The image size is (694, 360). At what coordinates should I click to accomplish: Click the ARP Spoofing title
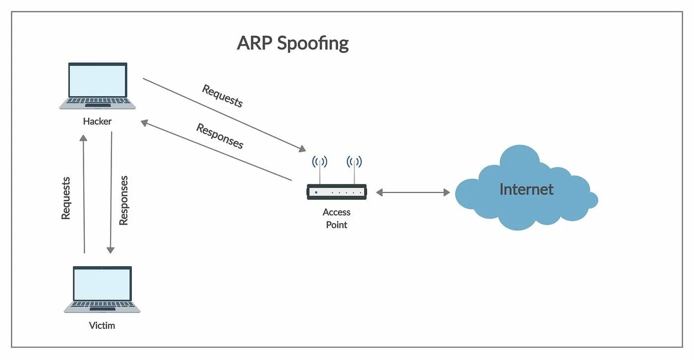click(x=292, y=43)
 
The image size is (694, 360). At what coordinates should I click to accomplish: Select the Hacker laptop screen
click(x=98, y=81)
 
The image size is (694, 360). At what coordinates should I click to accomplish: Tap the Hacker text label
click(x=97, y=121)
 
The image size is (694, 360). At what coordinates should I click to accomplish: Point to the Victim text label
click(x=102, y=326)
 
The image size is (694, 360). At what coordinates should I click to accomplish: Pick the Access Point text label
click(x=337, y=218)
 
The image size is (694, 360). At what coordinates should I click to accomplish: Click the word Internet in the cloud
click(x=526, y=189)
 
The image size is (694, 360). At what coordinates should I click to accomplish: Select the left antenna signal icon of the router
click(x=319, y=162)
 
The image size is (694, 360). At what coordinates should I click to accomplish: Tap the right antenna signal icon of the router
click(x=354, y=162)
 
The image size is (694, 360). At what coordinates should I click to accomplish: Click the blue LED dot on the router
click(x=316, y=192)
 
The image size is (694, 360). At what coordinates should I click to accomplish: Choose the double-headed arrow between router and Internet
click(x=412, y=192)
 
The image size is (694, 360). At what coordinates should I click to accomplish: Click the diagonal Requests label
click(x=223, y=96)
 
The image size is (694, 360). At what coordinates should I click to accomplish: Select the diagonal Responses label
click(x=220, y=136)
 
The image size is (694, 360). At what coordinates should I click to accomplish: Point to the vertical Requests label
click(x=66, y=198)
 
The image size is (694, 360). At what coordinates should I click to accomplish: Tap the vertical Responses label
click(x=123, y=200)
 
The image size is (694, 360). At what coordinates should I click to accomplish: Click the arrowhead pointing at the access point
click(x=302, y=149)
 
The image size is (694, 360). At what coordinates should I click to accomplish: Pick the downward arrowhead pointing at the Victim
click(x=111, y=249)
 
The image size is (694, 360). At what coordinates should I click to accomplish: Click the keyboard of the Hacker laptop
click(x=98, y=101)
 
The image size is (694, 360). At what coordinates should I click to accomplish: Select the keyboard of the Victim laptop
click(x=102, y=304)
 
